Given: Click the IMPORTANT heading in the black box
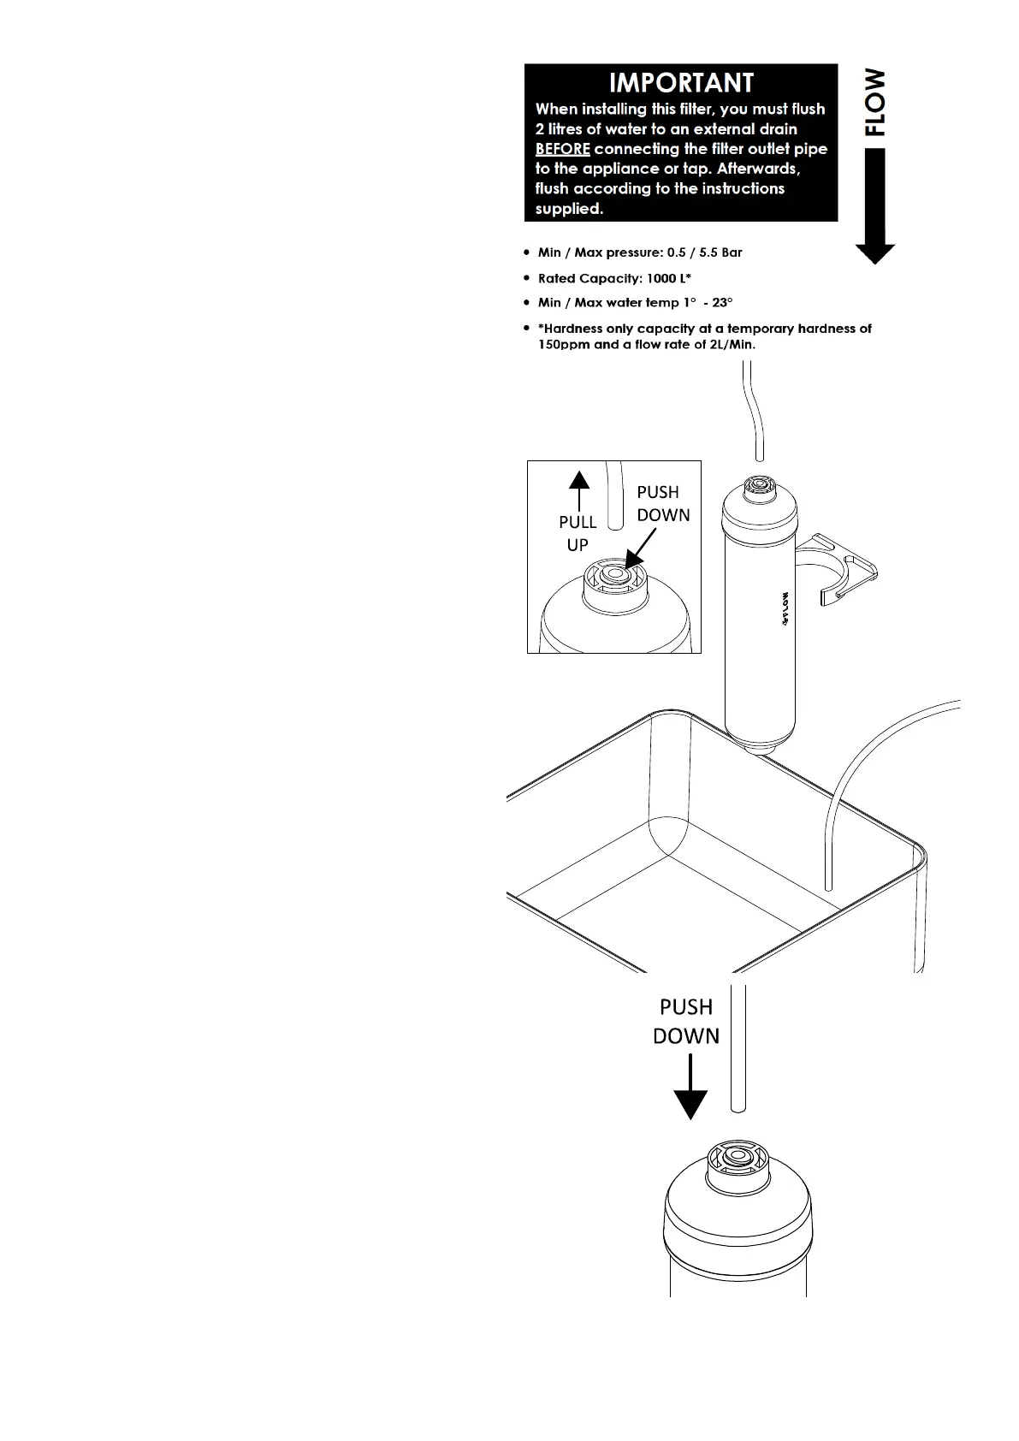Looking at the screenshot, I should click(x=681, y=83).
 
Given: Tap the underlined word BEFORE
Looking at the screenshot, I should click(x=562, y=149).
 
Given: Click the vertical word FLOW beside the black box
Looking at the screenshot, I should click(x=874, y=102).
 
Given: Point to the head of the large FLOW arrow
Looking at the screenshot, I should click(x=874, y=253).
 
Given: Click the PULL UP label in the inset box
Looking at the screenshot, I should click(x=578, y=533).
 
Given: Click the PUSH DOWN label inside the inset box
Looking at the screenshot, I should click(x=663, y=503).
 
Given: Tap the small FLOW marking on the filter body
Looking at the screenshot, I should click(x=785, y=609).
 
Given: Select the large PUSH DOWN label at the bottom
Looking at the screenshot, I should click(x=686, y=1021).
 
